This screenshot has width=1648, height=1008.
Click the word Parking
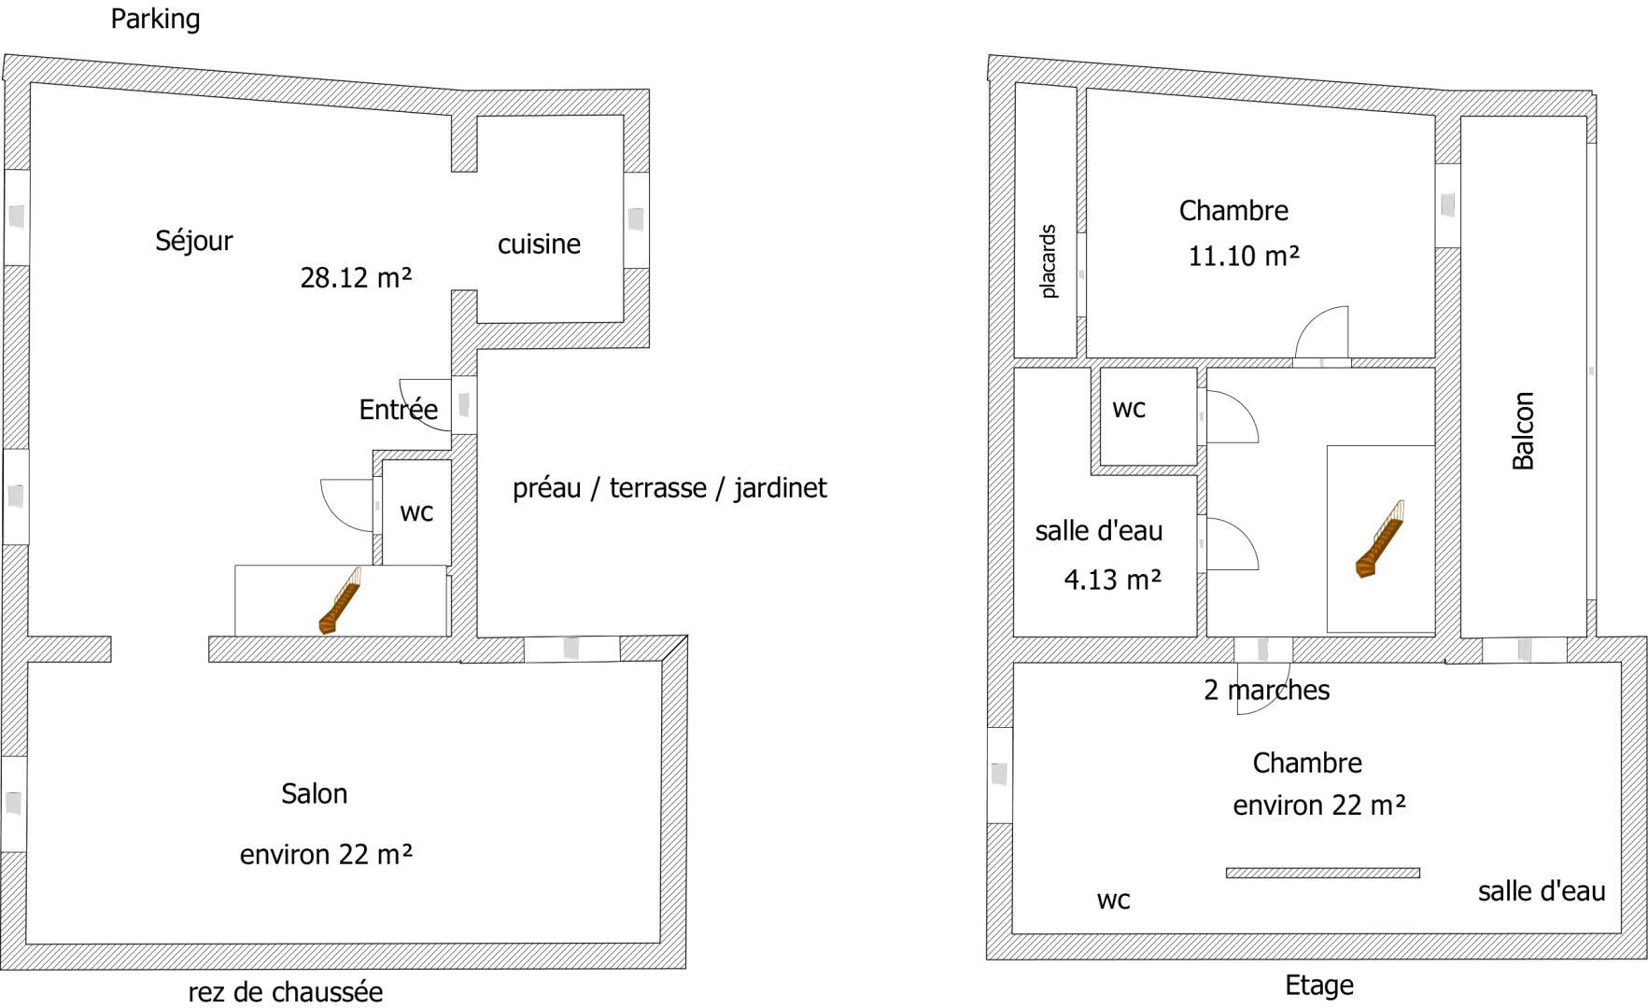pos(155,19)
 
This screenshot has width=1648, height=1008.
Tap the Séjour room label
pos(194,241)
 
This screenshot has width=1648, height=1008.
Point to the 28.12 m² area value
pos(356,277)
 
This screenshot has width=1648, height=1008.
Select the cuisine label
pos(539,244)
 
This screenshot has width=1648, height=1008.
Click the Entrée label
pos(399,409)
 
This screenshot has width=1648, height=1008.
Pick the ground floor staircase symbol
pos(340,600)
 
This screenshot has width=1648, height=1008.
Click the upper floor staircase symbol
pos(1380,539)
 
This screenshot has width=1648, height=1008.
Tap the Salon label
pos(315,793)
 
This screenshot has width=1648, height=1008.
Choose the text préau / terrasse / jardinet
pos(669,488)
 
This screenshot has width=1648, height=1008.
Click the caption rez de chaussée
pos(286,991)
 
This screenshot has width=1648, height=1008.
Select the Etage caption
pos(1319,985)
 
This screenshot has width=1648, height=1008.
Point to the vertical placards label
pos(1049,261)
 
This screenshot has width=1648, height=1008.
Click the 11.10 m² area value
pos(1244,255)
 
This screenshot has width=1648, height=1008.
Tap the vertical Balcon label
pos(1523,430)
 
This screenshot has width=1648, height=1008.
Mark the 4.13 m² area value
pos(1113,580)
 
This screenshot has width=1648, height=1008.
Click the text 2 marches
pos(1267,690)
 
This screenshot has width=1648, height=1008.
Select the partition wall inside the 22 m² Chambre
pos(1323,874)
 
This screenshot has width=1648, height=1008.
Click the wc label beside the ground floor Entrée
pos(416,512)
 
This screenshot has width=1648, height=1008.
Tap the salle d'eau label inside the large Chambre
pos(1542,891)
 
